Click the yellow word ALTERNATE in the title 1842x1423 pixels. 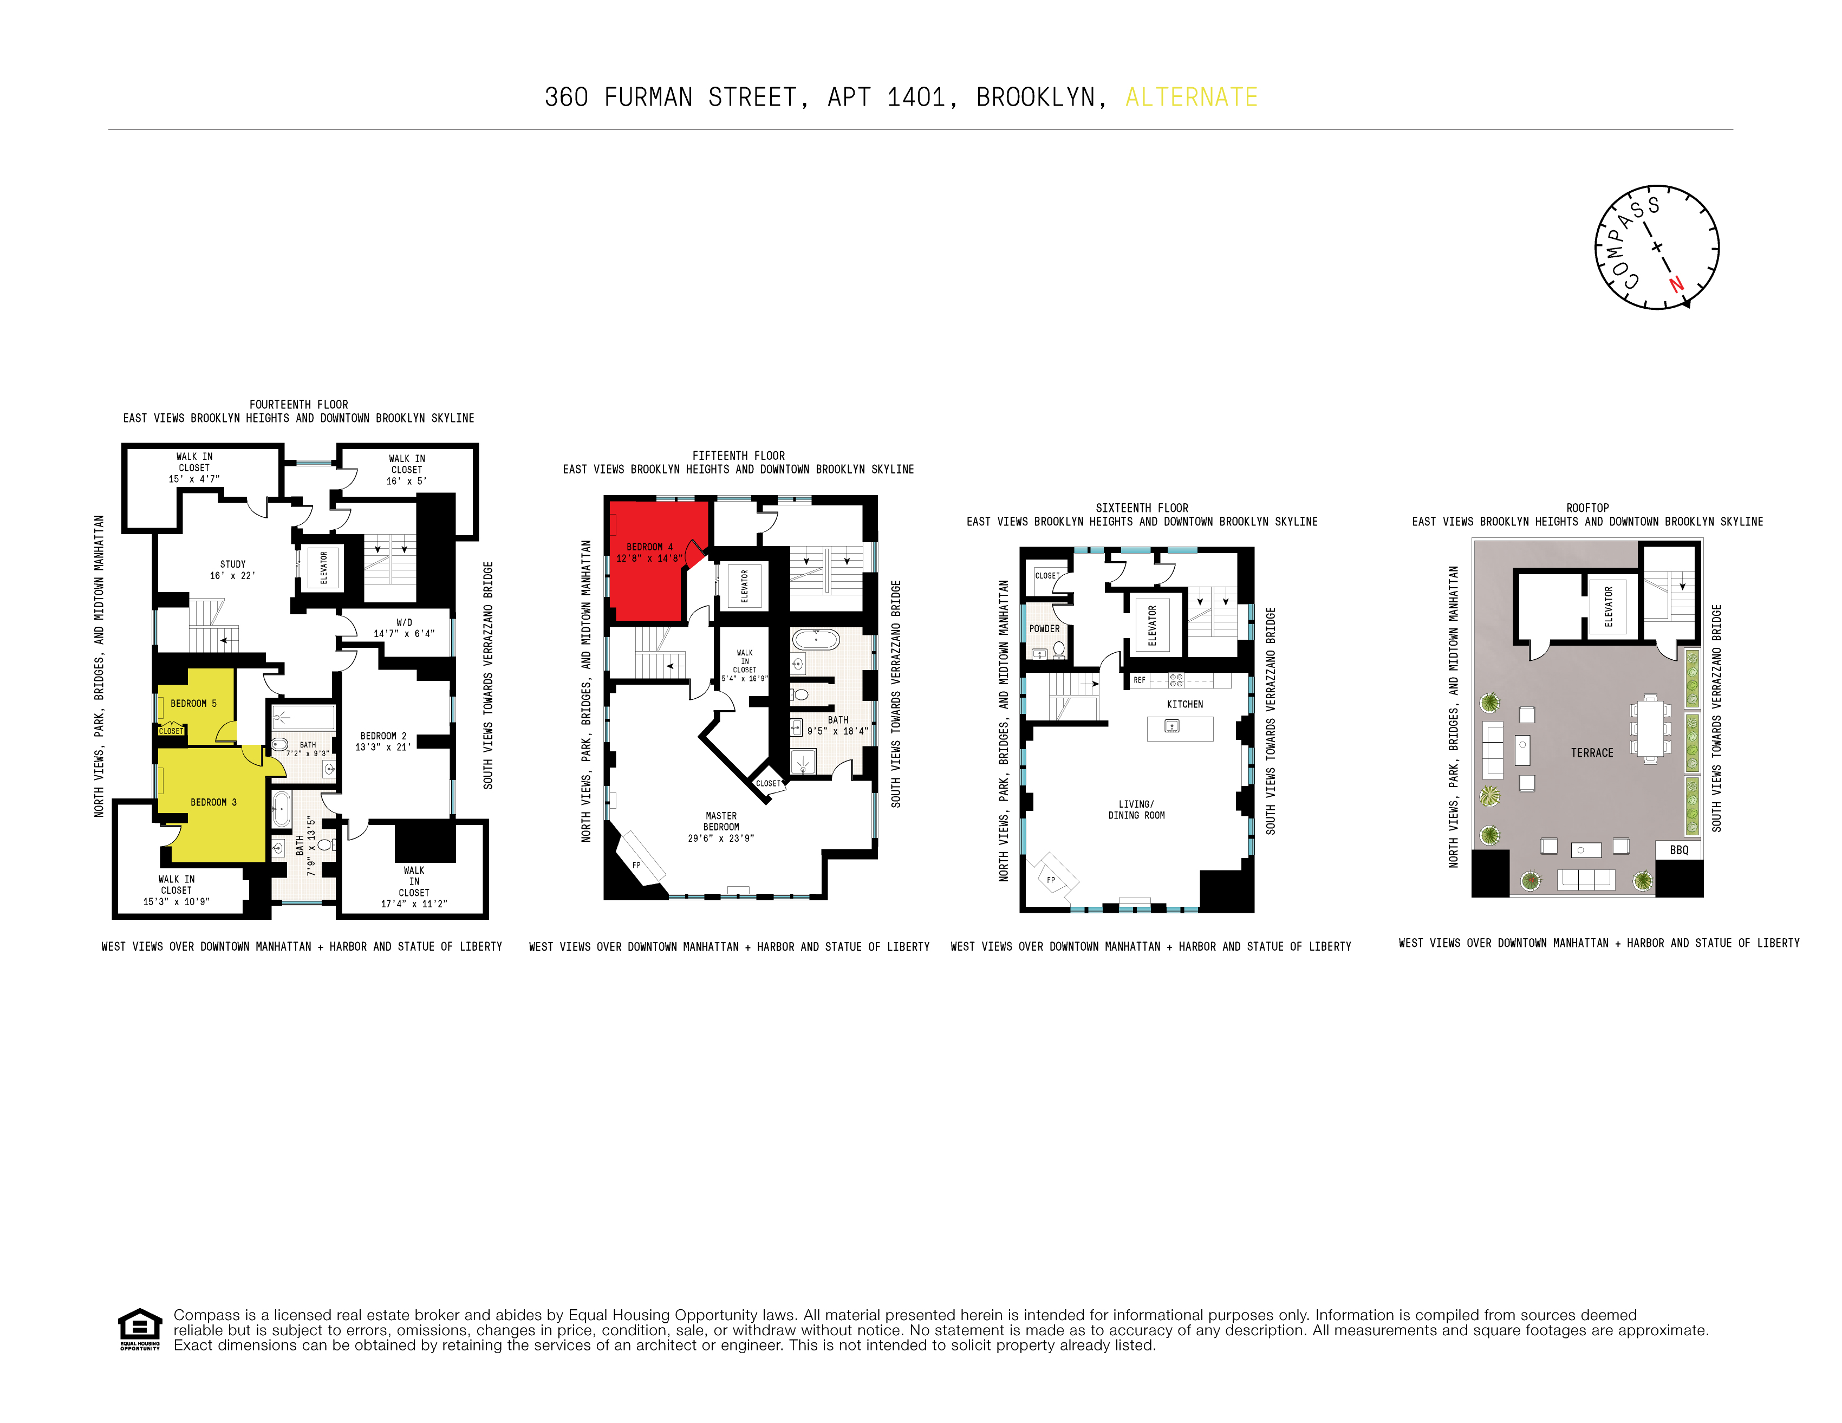click(1191, 98)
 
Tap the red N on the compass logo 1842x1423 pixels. click(1676, 284)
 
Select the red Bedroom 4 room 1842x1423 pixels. click(649, 561)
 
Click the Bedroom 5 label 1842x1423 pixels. click(193, 704)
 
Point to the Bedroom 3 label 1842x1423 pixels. click(213, 802)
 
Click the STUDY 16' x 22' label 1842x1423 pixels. click(233, 569)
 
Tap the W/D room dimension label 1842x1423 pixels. click(404, 628)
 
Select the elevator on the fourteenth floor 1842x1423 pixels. click(323, 568)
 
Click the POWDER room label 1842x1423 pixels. click(1044, 628)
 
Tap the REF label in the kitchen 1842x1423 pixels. click(1140, 680)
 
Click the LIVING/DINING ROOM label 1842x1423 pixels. click(1136, 810)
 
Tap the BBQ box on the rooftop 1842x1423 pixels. click(1678, 850)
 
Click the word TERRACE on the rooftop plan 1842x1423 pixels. click(1592, 753)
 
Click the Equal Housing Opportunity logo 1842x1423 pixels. click(140, 1329)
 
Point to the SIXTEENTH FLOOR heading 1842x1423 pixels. click(1141, 508)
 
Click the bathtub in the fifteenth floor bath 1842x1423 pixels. click(815, 639)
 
